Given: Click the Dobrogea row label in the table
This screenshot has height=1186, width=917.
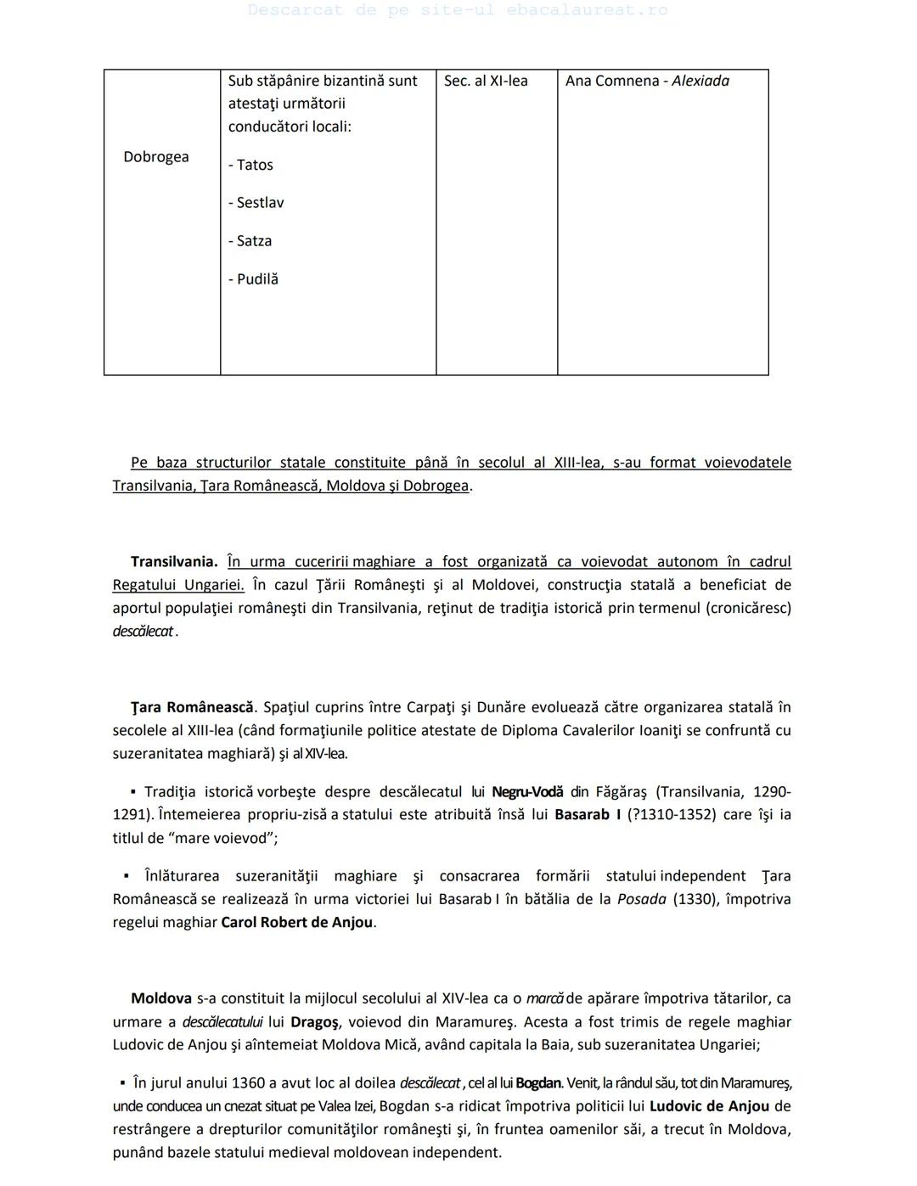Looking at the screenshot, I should (156, 157).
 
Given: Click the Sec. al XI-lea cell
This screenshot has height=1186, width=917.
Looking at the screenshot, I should (486, 81).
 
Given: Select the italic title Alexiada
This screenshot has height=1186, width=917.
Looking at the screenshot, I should (700, 81).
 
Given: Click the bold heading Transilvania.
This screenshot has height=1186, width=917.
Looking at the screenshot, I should (174, 561).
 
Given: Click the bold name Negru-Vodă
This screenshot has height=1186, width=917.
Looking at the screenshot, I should (527, 792).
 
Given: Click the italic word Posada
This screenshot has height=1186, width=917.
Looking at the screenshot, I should (641, 899).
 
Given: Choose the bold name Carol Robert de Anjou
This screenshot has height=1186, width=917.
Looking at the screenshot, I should (296, 922).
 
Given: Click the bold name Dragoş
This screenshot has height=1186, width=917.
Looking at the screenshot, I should (314, 1022).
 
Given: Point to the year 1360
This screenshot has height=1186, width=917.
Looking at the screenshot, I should (224, 1083).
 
